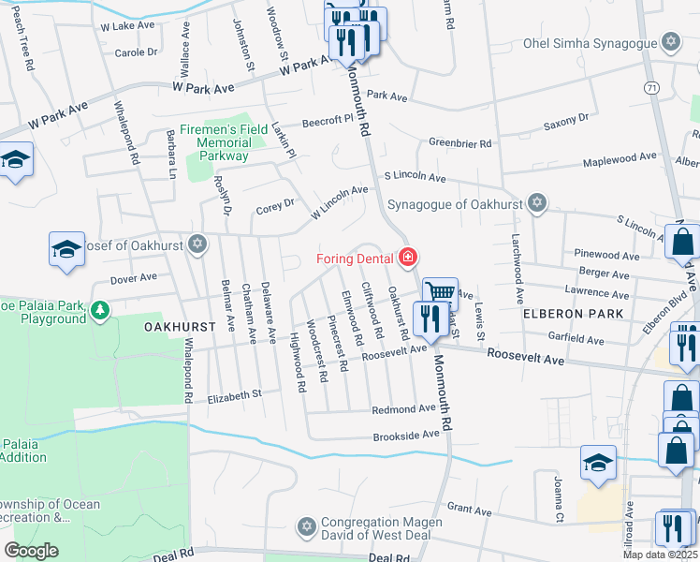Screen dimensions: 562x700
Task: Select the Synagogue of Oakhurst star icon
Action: click(536, 203)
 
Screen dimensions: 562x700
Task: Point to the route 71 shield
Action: click(651, 87)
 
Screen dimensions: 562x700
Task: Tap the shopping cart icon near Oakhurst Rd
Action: click(440, 293)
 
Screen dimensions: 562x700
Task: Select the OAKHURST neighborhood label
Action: click(181, 327)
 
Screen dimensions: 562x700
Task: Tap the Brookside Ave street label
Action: click(406, 436)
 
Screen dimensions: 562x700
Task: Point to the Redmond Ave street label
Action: click(403, 409)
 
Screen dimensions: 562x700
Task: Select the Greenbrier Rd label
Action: click(460, 143)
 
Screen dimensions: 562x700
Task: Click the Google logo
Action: click(31, 551)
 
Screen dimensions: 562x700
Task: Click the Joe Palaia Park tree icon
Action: click(99, 307)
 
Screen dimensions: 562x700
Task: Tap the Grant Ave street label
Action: click(470, 510)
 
